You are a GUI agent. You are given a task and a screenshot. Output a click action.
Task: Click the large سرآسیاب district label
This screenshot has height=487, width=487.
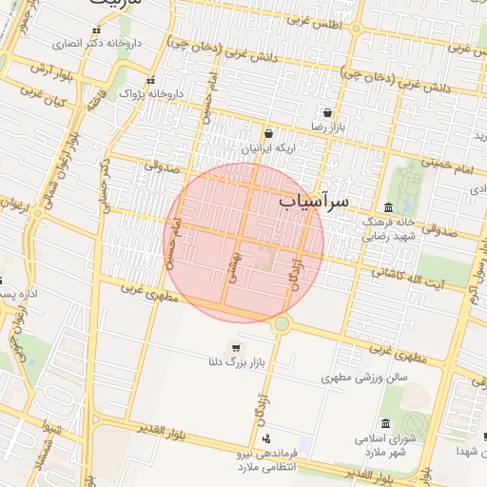[x=317, y=203]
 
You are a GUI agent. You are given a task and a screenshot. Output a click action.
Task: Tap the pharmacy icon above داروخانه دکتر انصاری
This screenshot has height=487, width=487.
[x=96, y=30]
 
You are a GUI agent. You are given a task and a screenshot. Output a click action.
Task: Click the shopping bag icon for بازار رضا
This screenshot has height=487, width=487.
[x=327, y=112]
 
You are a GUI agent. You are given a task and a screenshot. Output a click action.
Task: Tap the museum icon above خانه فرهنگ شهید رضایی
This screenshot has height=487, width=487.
[x=388, y=207]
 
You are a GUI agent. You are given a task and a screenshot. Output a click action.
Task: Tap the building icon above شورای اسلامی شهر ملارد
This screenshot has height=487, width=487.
[x=385, y=424]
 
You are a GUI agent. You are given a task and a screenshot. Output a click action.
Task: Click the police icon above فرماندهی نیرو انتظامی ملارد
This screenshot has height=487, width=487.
[x=265, y=439]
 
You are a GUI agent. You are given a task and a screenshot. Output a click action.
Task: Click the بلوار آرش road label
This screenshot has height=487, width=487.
[x=45, y=68]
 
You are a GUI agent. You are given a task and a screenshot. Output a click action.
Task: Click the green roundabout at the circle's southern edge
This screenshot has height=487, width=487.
[x=282, y=324]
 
